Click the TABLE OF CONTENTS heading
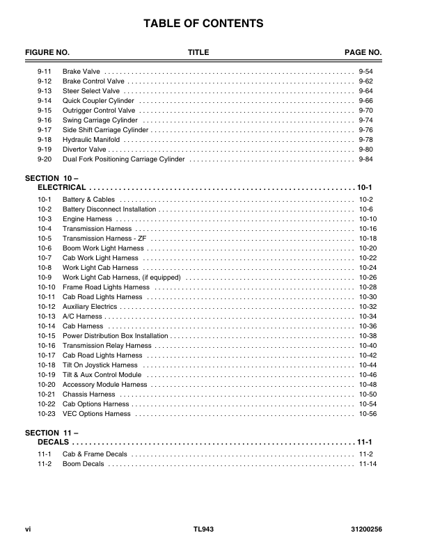[203, 24]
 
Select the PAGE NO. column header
[363, 53]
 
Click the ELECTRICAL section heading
[62, 188]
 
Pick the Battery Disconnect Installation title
[109, 209]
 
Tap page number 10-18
[368, 239]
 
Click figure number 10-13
[47, 317]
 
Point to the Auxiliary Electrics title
[90, 307]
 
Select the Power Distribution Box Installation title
[116, 336]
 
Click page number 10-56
[368, 414]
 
